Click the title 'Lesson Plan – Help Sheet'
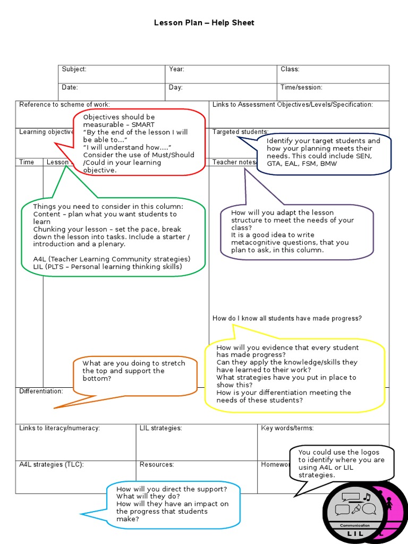coord(204,23)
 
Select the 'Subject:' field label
coord(74,70)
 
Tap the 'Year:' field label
coord(176,70)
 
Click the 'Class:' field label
coord(290,70)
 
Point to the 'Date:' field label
coord(70,88)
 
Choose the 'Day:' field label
coord(175,88)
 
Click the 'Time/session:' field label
coord(301,88)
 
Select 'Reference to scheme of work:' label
coord(64,105)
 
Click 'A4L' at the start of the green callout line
coord(40,259)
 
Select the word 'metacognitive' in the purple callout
coord(253,242)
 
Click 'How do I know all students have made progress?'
coord(287,318)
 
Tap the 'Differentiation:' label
coord(41,391)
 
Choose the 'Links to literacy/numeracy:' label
coord(59,428)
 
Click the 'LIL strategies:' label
coord(160,428)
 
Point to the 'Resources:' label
coord(157,464)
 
